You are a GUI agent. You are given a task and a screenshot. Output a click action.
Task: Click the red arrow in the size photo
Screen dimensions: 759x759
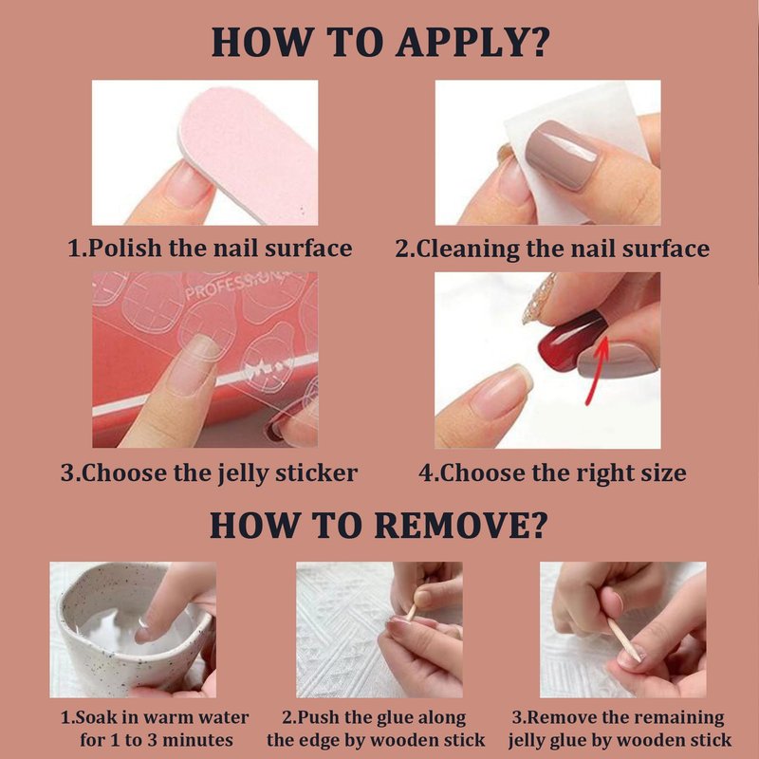click(597, 370)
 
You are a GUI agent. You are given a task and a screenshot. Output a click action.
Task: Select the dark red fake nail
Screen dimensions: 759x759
click(571, 342)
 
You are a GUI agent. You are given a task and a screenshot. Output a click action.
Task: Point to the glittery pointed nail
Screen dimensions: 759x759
click(539, 299)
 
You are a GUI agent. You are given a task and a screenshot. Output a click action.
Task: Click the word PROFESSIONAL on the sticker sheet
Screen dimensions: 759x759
click(237, 286)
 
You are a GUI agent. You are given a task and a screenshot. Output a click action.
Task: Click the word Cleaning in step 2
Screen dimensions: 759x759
click(467, 250)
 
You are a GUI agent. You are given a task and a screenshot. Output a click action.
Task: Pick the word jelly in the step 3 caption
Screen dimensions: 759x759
click(243, 473)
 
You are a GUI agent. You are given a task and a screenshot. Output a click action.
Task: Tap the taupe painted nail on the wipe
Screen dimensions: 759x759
click(562, 154)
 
